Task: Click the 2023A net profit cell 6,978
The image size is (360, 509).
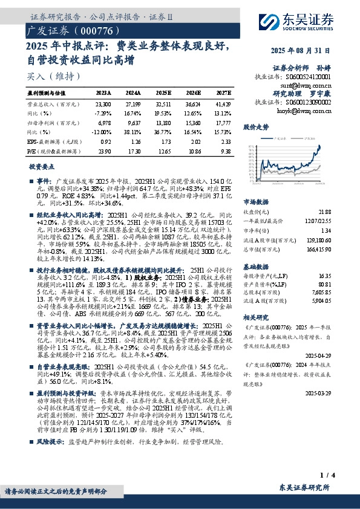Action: pyautogui.click(x=103, y=122)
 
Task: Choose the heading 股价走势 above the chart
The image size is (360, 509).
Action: pyautogui.click(x=256, y=128)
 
